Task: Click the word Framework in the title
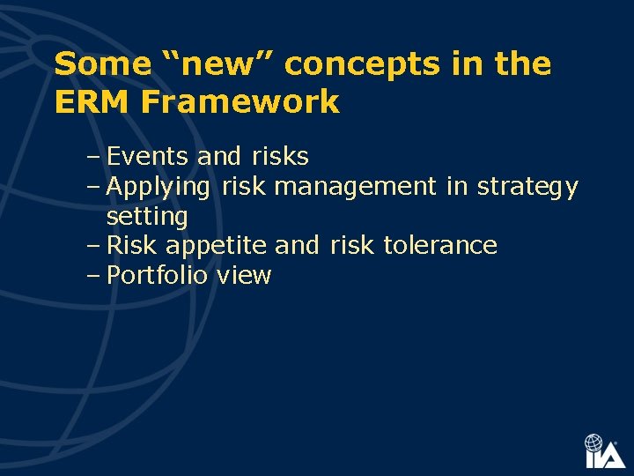[x=240, y=102]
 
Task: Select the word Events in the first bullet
[x=148, y=157]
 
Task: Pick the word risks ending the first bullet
[x=280, y=157]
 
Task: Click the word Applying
[x=158, y=188]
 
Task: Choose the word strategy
[x=527, y=188]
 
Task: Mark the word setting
[x=147, y=217]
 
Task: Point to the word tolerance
[x=440, y=245]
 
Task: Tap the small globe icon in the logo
[x=595, y=443]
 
